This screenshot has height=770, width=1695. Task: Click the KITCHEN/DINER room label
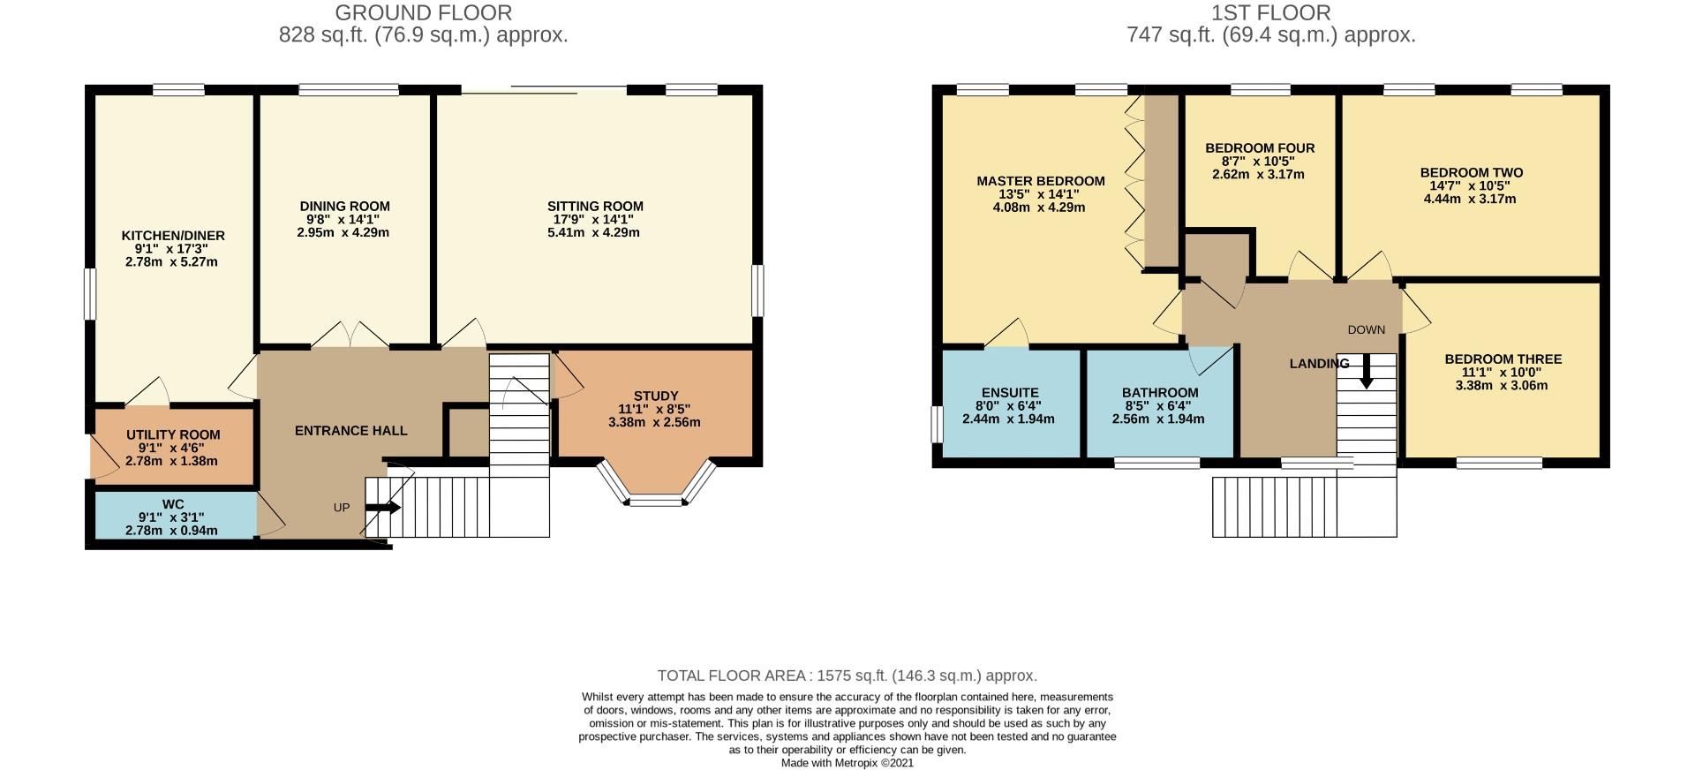point(173,236)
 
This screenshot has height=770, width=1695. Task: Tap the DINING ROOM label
point(344,206)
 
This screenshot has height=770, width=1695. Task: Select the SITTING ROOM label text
point(595,207)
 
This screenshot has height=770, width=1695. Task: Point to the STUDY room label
point(656,396)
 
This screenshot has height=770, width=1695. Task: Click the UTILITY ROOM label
point(173,434)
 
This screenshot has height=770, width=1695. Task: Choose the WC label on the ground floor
point(173,504)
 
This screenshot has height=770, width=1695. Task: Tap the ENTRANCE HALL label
point(350,431)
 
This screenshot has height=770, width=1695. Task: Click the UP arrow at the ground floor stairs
point(383,508)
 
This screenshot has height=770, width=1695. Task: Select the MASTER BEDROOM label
point(1040,181)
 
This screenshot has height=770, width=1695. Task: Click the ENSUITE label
point(1010,393)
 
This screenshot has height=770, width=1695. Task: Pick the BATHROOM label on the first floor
point(1160,393)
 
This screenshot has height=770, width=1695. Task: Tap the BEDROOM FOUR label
point(1260,148)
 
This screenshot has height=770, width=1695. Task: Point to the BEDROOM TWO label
point(1471,173)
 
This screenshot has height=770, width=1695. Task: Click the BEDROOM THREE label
point(1503,359)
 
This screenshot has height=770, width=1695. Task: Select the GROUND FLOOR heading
point(424,13)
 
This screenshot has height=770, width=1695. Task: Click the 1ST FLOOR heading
point(1271,13)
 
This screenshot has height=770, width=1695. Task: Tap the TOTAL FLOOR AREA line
point(847,676)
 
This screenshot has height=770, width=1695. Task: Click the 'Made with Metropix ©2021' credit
point(847,763)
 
